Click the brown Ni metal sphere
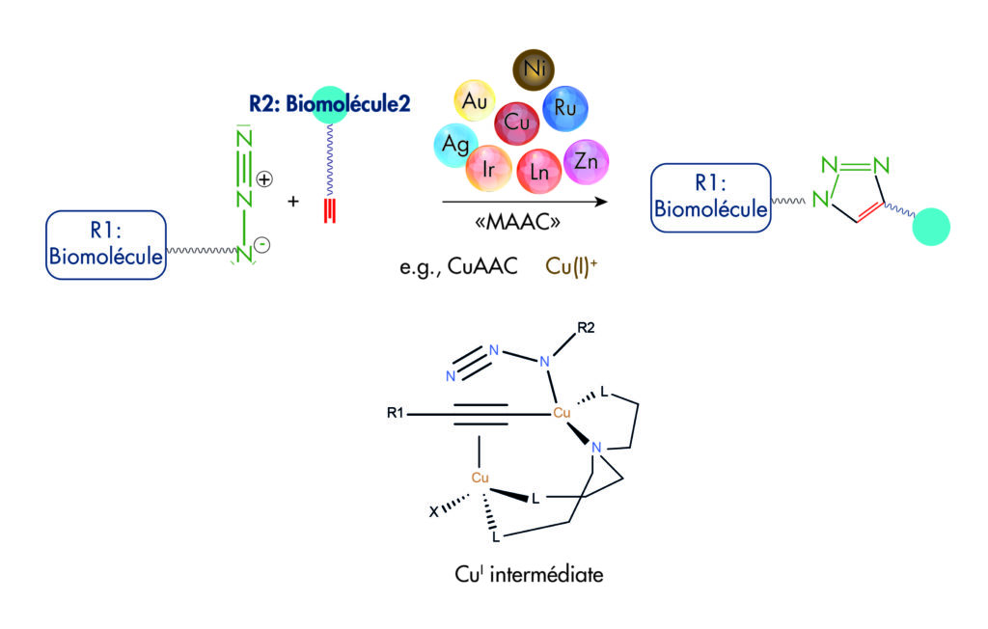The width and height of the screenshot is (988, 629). pos(533,69)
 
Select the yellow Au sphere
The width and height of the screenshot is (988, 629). pos(475,99)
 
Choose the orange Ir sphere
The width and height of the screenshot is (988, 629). pos(489,167)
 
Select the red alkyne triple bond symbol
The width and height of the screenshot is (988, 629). pos(330,209)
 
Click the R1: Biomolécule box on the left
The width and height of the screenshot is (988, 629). pos(106,246)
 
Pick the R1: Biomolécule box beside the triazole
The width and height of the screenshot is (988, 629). pos(711,198)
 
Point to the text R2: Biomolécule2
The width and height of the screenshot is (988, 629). pos(328,104)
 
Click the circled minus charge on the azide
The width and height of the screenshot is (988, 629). pos(262,245)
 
